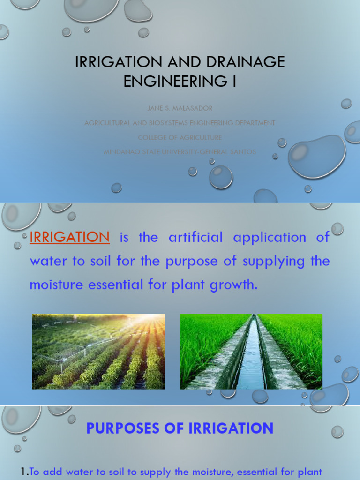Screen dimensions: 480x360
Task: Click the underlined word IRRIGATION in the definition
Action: click(x=69, y=237)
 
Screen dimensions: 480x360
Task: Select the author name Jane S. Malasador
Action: click(x=180, y=108)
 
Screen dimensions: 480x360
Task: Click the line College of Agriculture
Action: click(x=180, y=138)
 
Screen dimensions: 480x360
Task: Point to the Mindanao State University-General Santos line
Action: click(x=180, y=152)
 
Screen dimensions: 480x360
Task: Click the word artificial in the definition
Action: click(x=195, y=237)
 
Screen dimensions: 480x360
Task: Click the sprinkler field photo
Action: click(x=98, y=352)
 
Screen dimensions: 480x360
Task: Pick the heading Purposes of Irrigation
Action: click(x=180, y=428)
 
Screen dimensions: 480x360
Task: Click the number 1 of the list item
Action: click(x=24, y=472)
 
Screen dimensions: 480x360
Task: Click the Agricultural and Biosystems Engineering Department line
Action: click(x=180, y=123)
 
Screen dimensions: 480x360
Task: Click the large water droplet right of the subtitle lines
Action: click(x=316, y=156)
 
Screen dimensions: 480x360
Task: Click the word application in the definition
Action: click(x=270, y=238)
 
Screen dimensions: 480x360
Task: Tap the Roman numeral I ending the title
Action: click(x=233, y=81)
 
